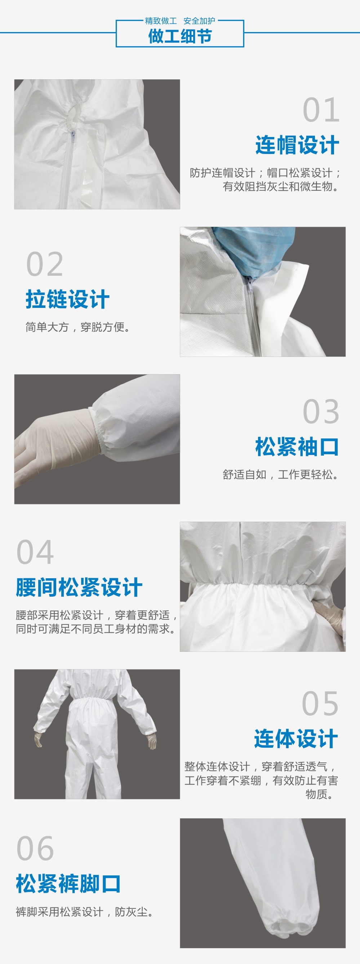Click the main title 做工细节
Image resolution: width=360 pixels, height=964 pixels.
[x=180, y=36]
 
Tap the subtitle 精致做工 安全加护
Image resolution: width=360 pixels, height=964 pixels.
[x=180, y=21]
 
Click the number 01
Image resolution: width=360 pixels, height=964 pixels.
[x=321, y=110]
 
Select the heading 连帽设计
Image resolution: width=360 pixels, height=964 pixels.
[x=297, y=145]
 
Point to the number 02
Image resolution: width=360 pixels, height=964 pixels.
[x=45, y=265]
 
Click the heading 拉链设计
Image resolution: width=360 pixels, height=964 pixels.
[x=68, y=299]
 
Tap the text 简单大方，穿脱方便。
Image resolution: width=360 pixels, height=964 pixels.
[x=78, y=327]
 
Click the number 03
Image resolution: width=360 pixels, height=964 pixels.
[x=321, y=412]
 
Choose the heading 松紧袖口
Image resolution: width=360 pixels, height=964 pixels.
[x=297, y=447]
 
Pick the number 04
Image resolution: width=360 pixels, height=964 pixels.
[x=35, y=552]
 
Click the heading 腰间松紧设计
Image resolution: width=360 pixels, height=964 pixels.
[x=79, y=587]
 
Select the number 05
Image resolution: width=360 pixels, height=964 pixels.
[x=320, y=704]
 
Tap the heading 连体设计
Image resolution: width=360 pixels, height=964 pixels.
[x=296, y=739]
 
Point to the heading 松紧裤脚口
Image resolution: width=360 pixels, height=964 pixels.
[x=68, y=884]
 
